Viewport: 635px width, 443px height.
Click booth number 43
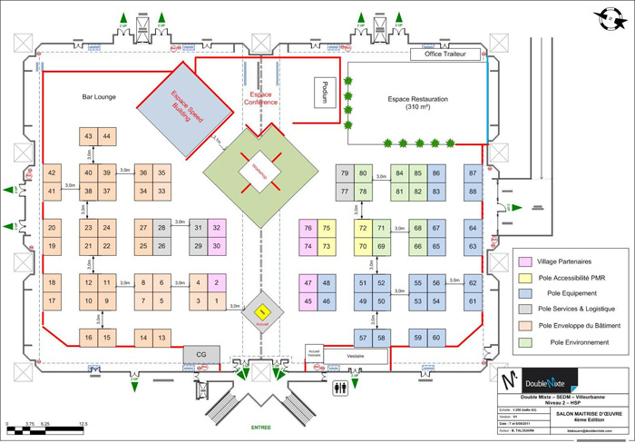coord(89,136)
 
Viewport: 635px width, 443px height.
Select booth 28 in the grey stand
coord(161,228)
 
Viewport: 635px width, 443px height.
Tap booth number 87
coord(473,172)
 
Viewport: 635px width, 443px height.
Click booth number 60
coord(437,339)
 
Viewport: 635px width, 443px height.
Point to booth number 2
coord(216,282)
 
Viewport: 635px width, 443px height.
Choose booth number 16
coord(89,339)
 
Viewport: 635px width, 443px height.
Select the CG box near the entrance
coord(201,352)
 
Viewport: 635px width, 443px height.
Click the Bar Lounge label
coord(99,96)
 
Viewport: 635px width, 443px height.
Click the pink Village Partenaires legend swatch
coord(523,260)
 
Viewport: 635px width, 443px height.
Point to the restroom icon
coord(340,385)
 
